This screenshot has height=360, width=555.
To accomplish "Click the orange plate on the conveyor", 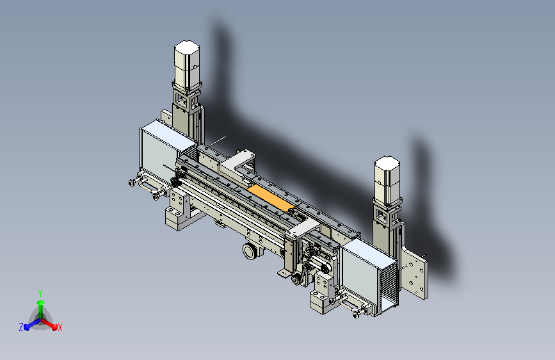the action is [x=271, y=199].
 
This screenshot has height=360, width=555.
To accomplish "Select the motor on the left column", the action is [x=187, y=65].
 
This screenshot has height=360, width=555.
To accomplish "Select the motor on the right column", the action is [x=387, y=181].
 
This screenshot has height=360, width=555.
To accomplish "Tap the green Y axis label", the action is [x=40, y=293].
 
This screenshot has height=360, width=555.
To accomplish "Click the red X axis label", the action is [x=60, y=328].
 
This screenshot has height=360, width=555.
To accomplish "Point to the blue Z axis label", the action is [x=21, y=327].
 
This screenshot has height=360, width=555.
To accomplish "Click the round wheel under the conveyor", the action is [x=250, y=251].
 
